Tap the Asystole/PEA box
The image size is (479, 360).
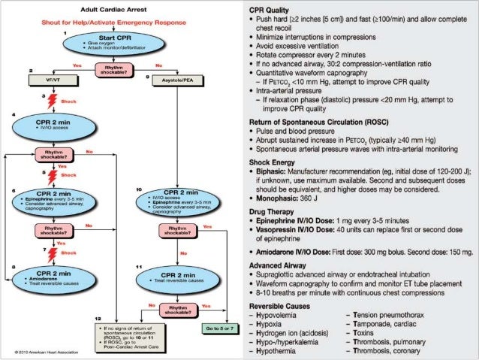pos(178,77)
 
